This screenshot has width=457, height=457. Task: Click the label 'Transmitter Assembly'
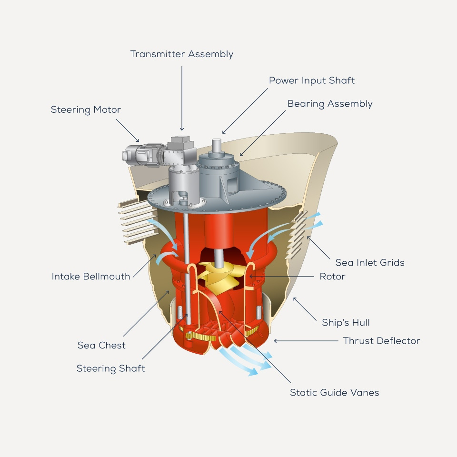182,54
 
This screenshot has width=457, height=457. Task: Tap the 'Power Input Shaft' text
312,80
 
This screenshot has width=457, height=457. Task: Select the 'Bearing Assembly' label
330,104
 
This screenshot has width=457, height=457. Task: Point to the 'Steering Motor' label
86,110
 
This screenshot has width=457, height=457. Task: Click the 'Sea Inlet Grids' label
370,262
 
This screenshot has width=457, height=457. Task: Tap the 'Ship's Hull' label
346,323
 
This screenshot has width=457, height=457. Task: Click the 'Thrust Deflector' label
382,341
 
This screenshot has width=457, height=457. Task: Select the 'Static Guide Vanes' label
335,393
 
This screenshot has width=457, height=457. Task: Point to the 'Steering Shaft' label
111,368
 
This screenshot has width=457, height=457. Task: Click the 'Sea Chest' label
101,345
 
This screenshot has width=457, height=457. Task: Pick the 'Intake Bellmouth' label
91,276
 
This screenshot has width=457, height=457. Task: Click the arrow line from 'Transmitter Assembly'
182,95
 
